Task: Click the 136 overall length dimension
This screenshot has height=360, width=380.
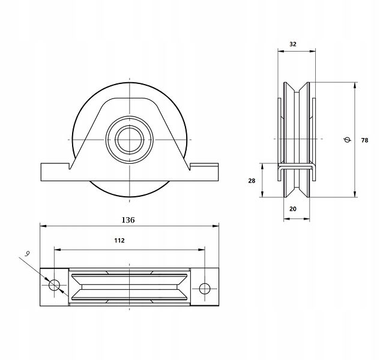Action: (x=128, y=220)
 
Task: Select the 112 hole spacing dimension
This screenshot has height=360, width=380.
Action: (x=119, y=241)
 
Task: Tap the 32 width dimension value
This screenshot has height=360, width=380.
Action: (x=293, y=44)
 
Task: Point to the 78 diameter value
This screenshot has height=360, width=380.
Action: (x=364, y=140)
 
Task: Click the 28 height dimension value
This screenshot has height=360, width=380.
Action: (x=252, y=181)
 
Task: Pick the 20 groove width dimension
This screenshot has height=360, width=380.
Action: (x=293, y=209)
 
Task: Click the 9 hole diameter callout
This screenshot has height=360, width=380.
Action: (x=28, y=254)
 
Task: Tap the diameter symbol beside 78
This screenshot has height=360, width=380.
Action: (x=348, y=140)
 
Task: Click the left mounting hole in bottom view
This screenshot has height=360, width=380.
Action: (x=54, y=285)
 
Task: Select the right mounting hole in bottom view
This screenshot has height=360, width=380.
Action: (x=205, y=289)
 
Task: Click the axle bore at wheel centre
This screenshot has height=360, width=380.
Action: (x=130, y=140)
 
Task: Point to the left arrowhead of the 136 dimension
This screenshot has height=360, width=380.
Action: (x=43, y=226)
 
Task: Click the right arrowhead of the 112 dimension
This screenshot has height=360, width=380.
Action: (x=202, y=250)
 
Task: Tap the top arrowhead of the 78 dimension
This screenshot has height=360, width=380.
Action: (x=355, y=86)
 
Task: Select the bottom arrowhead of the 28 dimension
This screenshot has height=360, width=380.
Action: (x=262, y=194)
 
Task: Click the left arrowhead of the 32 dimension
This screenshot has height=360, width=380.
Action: (x=281, y=51)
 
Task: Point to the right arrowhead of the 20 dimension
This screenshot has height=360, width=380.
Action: (x=307, y=219)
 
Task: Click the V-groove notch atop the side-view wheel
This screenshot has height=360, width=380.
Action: (x=297, y=88)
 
